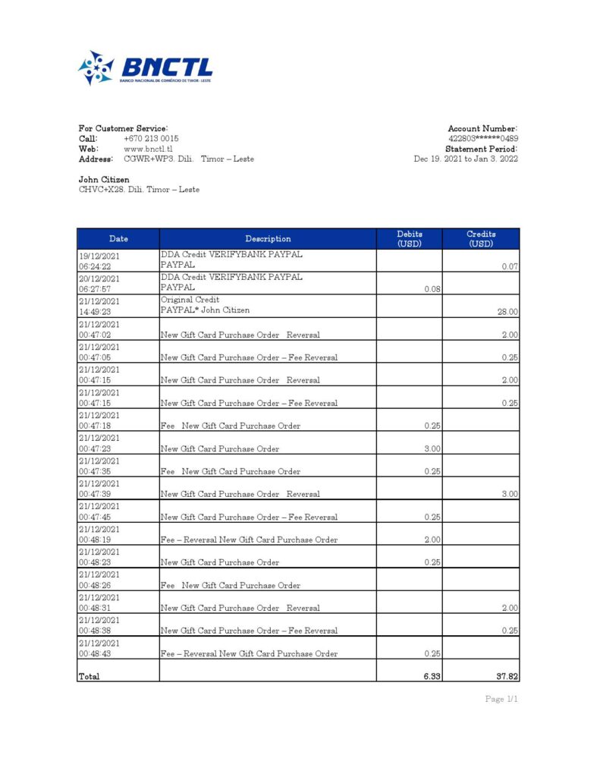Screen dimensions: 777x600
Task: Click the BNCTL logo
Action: [x=145, y=68]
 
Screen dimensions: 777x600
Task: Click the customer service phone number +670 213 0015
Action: [x=151, y=139]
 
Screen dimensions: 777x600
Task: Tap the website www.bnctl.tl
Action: [x=148, y=149]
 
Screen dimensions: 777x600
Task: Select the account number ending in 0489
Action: [x=483, y=139]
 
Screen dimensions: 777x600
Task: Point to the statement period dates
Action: [x=466, y=159]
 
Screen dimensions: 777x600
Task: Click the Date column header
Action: [x=118, y=239]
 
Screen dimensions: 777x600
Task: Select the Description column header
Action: [x=268, y=239]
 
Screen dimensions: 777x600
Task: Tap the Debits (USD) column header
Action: [x=410, y=239]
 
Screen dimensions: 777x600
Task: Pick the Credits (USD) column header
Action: [x=481, y=239]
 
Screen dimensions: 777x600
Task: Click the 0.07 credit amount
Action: [x=510, y=266]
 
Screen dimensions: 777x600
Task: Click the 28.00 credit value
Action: [x=507, y=312]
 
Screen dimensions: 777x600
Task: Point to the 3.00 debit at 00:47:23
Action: [x=432, y=448]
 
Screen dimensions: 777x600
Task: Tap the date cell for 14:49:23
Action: [x=99, y=306]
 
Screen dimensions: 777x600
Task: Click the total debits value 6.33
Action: [x=432, y=676]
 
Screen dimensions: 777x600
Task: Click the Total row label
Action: [x=90, y=676]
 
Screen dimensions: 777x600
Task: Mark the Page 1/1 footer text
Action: [x=501, y=699]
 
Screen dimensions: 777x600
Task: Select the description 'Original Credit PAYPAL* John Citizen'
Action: [x=205, y=305]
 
